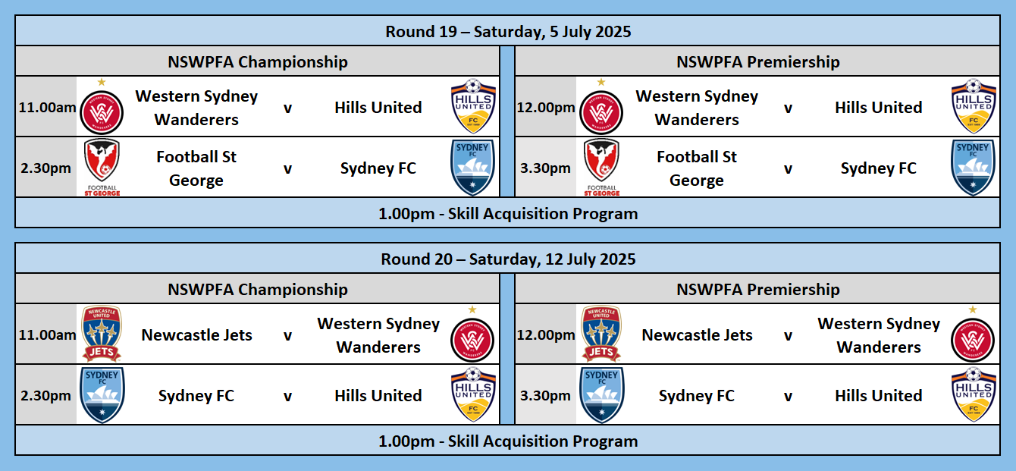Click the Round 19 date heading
pos(508,31)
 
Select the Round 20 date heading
pos(508,259)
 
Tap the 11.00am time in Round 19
pos(47,108)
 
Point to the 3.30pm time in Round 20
pos(545,396)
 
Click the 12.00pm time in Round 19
pos(546,108)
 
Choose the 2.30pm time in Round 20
pos(45,396)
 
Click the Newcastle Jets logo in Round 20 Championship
pos(102,334)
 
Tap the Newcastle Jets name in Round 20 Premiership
pos(697,335)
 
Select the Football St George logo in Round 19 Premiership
pos(602,167)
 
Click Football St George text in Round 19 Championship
pos(196,168)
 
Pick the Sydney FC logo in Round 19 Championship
pos(472,168)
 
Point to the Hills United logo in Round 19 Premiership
pos(974,107)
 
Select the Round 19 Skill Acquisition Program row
pos(508,213)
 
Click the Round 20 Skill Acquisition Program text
pos(508,441)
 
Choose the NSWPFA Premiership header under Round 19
pos(758,61)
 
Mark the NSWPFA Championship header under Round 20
pos(258,290)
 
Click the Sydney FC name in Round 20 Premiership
pos(697,396)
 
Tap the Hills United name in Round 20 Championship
pos(378,396)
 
